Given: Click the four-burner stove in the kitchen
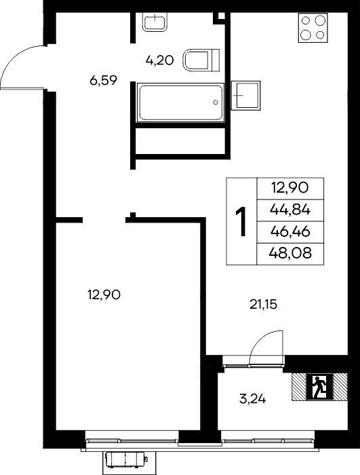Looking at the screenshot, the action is [313, 28].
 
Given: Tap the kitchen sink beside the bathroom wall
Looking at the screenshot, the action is [246, 95].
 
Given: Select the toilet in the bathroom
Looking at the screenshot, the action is [201, 60].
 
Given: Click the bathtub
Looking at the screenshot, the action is [180, 102].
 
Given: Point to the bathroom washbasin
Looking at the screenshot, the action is [155, 22].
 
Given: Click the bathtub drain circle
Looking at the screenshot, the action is [216, 102].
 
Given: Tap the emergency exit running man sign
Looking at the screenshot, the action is [319, 387].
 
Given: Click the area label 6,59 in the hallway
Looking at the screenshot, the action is [103, 80].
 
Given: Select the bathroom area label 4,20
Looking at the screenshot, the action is [159, 60].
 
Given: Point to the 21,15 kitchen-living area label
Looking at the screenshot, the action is [264, 305].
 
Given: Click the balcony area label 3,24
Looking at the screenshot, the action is [252, 399].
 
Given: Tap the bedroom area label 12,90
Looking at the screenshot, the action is [104, 294].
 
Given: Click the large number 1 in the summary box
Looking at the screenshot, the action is [241, 221].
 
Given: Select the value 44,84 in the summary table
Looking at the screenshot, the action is [290, 210].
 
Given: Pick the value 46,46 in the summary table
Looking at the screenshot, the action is [290, 232].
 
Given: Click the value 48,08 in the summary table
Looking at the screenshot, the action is [290, 253].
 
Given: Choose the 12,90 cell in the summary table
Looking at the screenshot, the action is [289, 188].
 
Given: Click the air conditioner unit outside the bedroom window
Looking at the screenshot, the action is [126, 460].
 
